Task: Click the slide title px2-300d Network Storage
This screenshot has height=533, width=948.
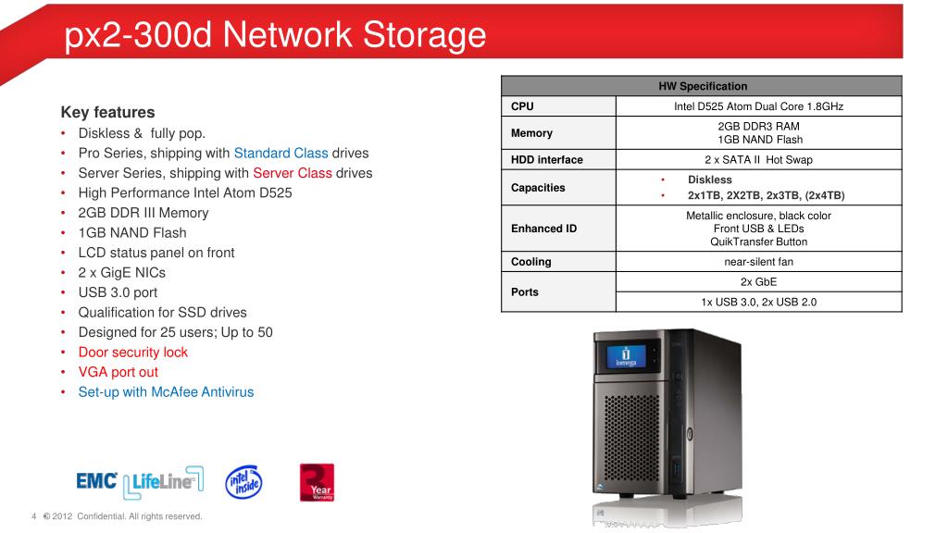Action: [275, 34]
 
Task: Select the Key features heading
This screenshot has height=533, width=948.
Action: [107, 112]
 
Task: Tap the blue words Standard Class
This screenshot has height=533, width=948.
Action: [281, 153]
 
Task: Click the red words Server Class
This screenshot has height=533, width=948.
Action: [293, 173]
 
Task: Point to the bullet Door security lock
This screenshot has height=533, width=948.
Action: [133, 353]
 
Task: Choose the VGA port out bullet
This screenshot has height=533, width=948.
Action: [118, 372]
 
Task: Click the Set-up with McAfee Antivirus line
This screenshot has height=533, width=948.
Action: [167, 392]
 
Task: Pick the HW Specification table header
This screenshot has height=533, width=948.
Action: [702, 86]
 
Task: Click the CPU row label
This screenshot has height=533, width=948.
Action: [522, 106]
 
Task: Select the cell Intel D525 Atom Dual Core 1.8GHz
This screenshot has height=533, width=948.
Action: [759, 106]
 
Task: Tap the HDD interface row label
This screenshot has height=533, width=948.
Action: [547, 159]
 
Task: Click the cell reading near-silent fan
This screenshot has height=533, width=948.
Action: [759, 262]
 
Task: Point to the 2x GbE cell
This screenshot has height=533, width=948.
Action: [759, 281]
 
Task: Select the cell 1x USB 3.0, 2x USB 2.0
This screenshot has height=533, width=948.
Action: [759, 302]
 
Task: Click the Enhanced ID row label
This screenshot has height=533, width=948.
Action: [544, 229]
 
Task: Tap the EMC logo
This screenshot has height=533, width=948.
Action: [96, 481]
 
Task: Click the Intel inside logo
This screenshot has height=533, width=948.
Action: [243, 482]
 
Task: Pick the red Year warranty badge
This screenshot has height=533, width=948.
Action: [317, 482]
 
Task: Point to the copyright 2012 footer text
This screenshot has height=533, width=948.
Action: [123, 516]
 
